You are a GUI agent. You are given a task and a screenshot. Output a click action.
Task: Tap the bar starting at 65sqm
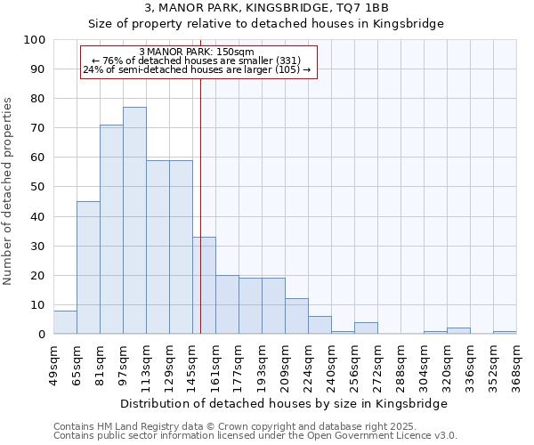tap(88, 268)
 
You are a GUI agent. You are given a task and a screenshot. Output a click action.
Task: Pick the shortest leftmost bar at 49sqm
tap(65, 322)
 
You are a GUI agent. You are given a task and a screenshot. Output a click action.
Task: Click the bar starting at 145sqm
tap(204, 286)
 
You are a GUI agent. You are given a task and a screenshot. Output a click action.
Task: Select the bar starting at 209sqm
tap(296, 317)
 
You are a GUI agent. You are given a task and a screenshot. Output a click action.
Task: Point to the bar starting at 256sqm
tap(366, 328)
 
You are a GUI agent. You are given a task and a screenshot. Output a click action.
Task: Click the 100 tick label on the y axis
tap(36, 40)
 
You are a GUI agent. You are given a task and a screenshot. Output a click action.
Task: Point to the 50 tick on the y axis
tap(39, 187)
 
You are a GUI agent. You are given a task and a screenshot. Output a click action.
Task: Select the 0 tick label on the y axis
tap(43, 335)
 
